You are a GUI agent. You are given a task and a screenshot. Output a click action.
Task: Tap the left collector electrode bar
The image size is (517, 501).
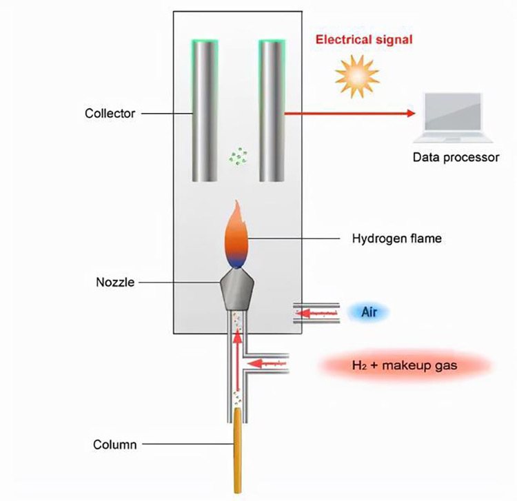pos(205,110)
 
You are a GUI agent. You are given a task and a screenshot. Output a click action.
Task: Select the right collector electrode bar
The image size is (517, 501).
pos(272,110)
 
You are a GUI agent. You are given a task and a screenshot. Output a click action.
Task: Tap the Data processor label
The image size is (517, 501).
pos(455,157)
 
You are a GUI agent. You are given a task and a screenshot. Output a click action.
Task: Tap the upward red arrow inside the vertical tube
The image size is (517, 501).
pos(238,365)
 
